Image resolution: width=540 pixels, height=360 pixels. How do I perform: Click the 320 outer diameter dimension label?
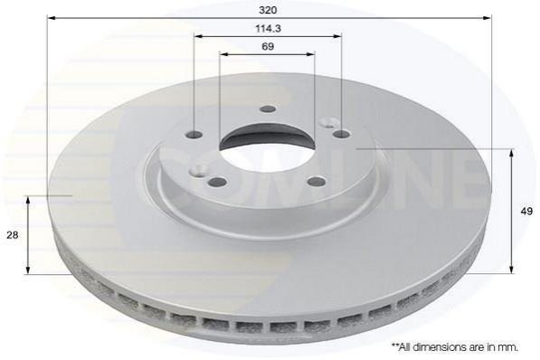[x=268, y=10]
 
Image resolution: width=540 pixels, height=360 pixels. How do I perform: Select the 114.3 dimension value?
[x=268, y=29]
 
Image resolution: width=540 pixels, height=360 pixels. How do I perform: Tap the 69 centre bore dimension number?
[x=268, y=46]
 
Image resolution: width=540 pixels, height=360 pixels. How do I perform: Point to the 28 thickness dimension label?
[x=13, y=235]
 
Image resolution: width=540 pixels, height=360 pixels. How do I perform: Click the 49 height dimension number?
[x=526, y=211]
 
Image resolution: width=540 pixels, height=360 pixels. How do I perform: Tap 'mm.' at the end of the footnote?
[x=508, y=347]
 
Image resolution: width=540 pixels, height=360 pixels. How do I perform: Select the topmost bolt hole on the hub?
[x=268, y=109]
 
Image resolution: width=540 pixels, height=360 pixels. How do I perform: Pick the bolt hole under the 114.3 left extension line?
[x=194, y=135]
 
